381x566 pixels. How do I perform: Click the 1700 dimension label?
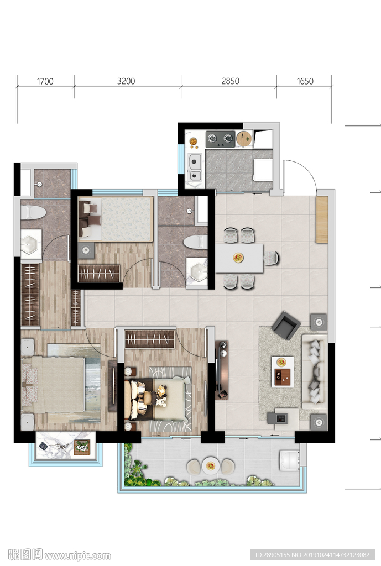tap(45, 81)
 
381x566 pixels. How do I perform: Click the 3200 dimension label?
tap(126, 81)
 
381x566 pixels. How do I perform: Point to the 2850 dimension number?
tap(230, 81)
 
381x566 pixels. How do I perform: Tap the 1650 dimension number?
tap(305, 81)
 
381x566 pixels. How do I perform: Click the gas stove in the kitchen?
tap(220, 139)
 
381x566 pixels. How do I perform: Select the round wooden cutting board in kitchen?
tap(244, 139)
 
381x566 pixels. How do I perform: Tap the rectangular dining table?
tap(239, 259)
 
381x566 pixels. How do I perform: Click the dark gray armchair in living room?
tap(286, 325)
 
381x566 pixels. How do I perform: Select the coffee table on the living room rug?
tap(282, 372)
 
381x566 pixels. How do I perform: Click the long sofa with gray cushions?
tap(315, 372)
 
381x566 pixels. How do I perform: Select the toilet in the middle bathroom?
tap(195, 242)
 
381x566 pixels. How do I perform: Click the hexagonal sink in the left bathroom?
tap(31, 244)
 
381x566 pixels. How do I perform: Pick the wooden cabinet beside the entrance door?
tap(322, 219)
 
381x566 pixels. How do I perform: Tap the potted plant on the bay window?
tap(82, 448)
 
